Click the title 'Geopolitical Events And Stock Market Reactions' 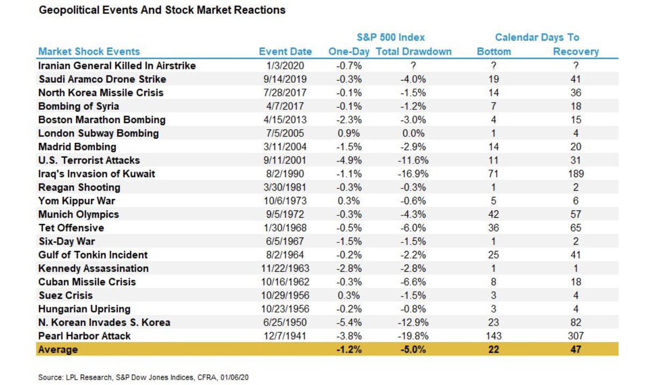pyautogui.click(x=162, y=10)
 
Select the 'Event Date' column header pyautogui.click(x=285, y=51)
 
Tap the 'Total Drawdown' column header pyautogui.click(x=413, y=51)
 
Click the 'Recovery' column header pyautogui.click(x=576, y=52)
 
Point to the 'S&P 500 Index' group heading pyautogui.click(x=391, y=37)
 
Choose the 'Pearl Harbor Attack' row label pyautogui.click(x=84, y=335)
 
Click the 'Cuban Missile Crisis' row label pyautogui.click(x=87, y=282)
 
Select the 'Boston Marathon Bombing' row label pyautogui.click(x=102, y=120)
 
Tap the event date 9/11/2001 pyautogui.click(x=285, y=160)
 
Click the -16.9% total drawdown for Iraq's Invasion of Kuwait pyautogui.click(x=413, y=173)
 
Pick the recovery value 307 pyautogui.click(x=576, y=335)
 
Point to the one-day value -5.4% pyautogui.click(x=349, y=322)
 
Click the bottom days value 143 pyautogui.click(x=493, y=335)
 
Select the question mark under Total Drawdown pyautogui.click(x=413, y=66)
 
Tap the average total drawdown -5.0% pyautogui.click(x=413, y=349)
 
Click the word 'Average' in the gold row pyautogui.click(x=58, y=349)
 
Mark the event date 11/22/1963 pyautogui.click(x=285, y=268)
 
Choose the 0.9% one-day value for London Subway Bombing pyautogui.click(x=349, y=133)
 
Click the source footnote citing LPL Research pyautogui.click(x=144, y=377)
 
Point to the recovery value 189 pyautogui.click(x=576, y=173)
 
